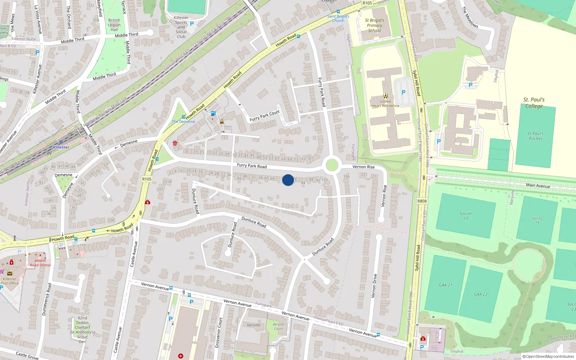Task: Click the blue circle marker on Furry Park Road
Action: tap(288, 180)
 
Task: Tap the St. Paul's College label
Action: tap(534, 103)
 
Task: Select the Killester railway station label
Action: tap(61, 147)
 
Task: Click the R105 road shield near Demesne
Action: tap(147, 179)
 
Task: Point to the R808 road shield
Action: tap(422, 201)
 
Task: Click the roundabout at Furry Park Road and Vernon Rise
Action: tap(332, 166)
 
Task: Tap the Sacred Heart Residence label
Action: tap(385, 104)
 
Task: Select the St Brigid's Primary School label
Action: tap(374, 26)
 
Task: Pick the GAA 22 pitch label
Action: tap(480, 294)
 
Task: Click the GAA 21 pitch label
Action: tap(445, 285)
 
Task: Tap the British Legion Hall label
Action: tap(114, 25)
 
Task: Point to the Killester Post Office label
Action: tap(10, 281)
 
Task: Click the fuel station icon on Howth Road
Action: tap(213, 114)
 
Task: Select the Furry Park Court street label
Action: tap(265, 116)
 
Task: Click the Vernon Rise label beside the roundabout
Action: tap(363, 167)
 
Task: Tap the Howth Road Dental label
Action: tap(40, 263)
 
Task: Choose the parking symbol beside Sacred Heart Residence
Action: tap(403, 93)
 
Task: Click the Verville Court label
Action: tap(278, 326)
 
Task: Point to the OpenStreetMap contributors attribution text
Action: tap(548, 356)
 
